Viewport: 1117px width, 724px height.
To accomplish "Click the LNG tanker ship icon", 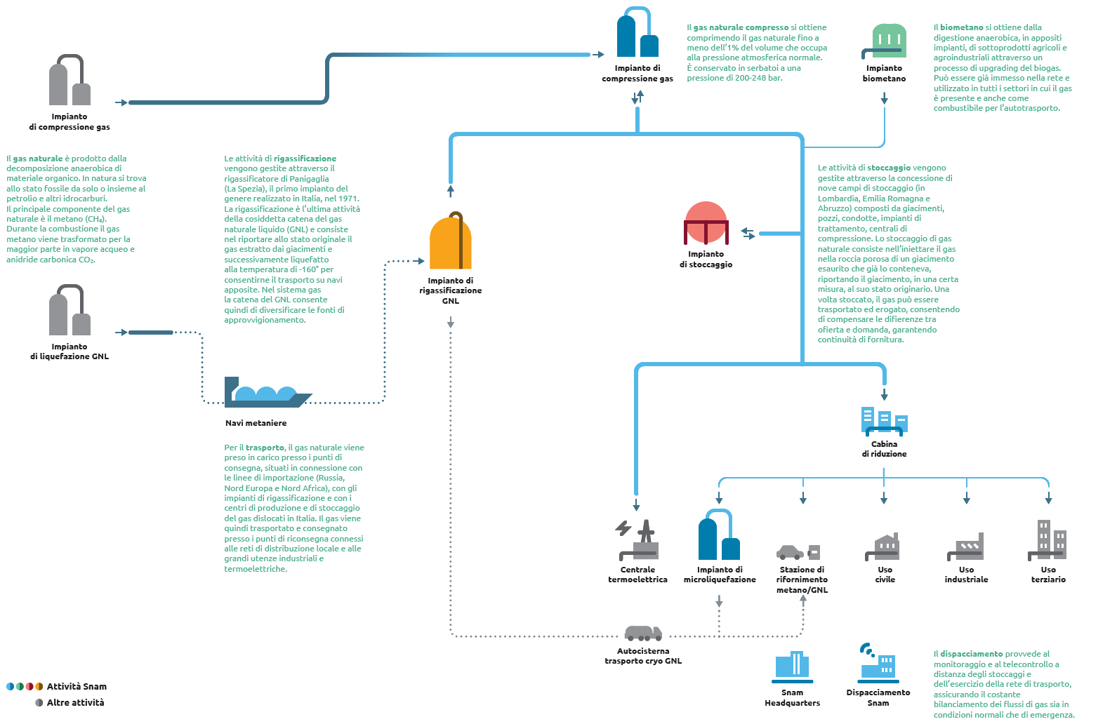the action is pyautogui.click(x=267, y=392).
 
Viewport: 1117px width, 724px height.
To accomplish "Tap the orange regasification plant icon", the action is pyautogui.click(x=450, y=241).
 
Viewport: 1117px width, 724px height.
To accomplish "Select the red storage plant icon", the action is pyautogui.click(x=706, y=222).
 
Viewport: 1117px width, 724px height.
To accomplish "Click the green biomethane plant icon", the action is pyautogui.click(x=884, y=41).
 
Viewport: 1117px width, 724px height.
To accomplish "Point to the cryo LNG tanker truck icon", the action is pyautogui.click(x=643, y=633).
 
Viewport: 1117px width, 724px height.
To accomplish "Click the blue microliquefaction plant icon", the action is pyautogui.click(x=719, y=534).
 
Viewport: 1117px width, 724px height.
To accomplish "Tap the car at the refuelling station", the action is pyautogui.click(x=790, y=552).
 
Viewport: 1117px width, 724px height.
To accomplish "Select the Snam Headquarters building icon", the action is pyautogui.click(x=793, y=666).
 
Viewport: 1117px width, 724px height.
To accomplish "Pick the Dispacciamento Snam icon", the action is pyautogui.click(x=878, y=664).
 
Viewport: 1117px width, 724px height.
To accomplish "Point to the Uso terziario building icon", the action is pyautogui.click(x=1047, y=540).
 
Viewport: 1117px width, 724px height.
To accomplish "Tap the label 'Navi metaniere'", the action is pyautogui.click(x=256, y=423).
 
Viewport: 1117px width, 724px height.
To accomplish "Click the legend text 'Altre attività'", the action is pyautogui.click(x=75, y=702).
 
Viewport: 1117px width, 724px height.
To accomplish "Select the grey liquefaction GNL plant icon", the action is pyautogui.click(x=70, y=310).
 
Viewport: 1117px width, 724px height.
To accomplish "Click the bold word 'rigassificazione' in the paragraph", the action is pyautogui.click(x=305, y=159).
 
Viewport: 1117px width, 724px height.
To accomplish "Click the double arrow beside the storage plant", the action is pyautogui.click(x=748, y=233).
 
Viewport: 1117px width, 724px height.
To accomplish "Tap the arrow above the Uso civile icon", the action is pyautogui.click(x=884, y=498).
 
